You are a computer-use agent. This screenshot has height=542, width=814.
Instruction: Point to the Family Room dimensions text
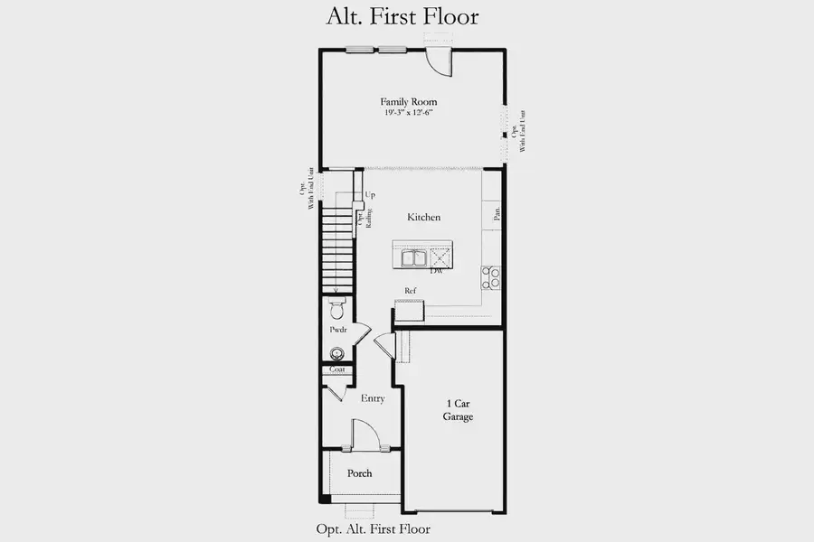coord(410,114)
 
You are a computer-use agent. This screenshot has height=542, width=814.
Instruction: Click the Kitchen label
coord(423,218)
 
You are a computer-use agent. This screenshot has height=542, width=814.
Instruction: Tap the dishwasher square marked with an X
coord(440,257)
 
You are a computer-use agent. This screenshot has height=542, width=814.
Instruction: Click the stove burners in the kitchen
coord(491,277)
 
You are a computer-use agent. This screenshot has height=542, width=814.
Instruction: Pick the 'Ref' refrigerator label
coord(410,291)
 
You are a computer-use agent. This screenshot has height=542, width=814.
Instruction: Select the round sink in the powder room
coord(337,353)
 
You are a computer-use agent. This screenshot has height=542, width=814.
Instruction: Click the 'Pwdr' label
coord(338,332)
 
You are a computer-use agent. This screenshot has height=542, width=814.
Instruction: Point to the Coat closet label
coord(336,369)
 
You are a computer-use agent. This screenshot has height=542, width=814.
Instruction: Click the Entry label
coord(373,398)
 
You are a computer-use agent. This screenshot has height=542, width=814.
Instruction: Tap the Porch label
coord(359,473)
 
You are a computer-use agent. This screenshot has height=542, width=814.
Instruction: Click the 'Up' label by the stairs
coord(370,195)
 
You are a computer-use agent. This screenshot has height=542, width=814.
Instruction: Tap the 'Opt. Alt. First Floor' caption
coord(373,529)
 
